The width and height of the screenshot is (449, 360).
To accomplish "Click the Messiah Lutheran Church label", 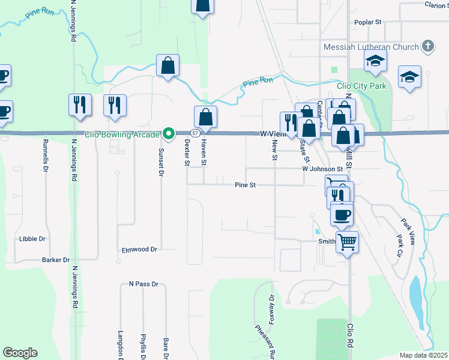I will tap(370, 47).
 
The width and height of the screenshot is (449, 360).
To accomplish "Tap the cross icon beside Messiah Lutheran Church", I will tap(427, 46).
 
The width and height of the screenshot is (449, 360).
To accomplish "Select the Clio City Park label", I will tap(361, 86).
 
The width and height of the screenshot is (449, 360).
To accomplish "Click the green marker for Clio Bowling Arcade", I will tap(169, 133).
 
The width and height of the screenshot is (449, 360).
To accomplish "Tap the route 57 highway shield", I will tap(195, 133).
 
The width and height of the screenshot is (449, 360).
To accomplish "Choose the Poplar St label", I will tap(368, 22).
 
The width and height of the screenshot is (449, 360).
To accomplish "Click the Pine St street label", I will tap(246, 185).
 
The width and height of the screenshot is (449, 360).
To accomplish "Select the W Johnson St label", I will tap(322, 169).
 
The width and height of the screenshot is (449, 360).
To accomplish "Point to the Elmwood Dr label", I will tap(139, 249).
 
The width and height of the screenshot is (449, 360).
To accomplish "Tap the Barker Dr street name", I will tap(56, 260).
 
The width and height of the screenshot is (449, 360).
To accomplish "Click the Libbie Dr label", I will tap(32, 238).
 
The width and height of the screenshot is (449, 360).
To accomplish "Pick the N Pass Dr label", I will tap(143, 283).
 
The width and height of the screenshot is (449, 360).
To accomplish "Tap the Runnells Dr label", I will tap(46, 155).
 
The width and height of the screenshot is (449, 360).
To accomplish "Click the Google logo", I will tap(20, 353).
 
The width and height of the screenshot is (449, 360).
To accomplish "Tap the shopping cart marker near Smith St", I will tap(347, 243).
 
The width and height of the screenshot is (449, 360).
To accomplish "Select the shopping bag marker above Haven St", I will tap(205, 117).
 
